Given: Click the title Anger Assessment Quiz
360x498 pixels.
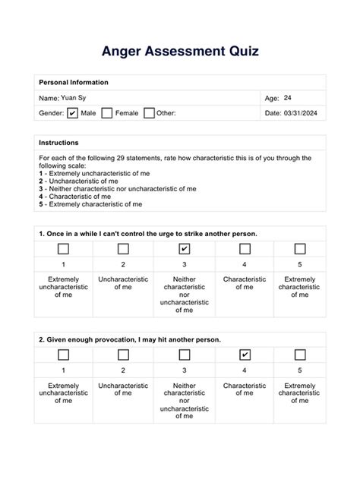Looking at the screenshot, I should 180,52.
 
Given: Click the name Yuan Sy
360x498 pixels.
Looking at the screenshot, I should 73,98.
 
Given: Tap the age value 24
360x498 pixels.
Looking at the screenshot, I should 287,98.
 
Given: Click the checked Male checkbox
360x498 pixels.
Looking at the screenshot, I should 73,113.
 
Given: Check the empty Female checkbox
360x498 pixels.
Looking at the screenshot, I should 107,113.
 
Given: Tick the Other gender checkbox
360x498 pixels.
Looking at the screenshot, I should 150,113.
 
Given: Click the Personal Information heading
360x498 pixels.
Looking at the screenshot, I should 73,82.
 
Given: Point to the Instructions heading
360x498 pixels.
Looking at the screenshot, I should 58,143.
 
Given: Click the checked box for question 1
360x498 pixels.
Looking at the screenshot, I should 185,248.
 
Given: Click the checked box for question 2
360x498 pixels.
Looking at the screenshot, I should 245,355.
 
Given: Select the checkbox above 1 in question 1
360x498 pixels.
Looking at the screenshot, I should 63,248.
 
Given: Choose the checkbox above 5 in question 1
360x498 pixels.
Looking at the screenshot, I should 300,248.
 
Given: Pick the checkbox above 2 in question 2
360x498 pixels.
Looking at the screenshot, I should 123,355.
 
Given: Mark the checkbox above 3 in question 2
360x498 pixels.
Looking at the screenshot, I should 185,355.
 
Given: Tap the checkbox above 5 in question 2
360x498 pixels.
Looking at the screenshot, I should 300,355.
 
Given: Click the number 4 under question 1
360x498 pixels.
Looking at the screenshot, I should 245,264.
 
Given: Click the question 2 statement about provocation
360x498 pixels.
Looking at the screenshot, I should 130,339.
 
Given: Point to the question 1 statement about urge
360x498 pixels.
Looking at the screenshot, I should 147,233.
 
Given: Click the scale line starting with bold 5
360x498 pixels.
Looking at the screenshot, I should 90,204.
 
